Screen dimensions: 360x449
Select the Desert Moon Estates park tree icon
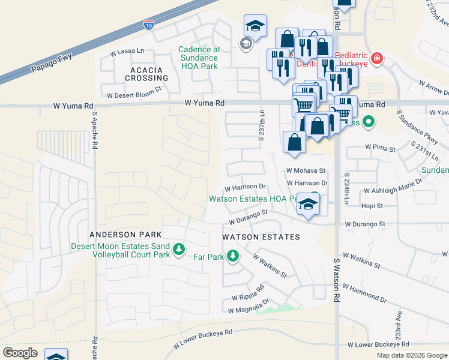pyautogui.click(x=178, y=249)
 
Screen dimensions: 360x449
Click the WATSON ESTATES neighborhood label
pyautogui.click(x=261, y=237)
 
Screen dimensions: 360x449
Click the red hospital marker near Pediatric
pyautogui.click(x=376, y=58)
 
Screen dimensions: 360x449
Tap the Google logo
pyautogui.click(x=20, y=352)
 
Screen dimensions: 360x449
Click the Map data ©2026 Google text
pyautogui.click(x=412, y=355)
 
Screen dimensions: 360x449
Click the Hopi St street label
pyautogui.click(x=372, y=206)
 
